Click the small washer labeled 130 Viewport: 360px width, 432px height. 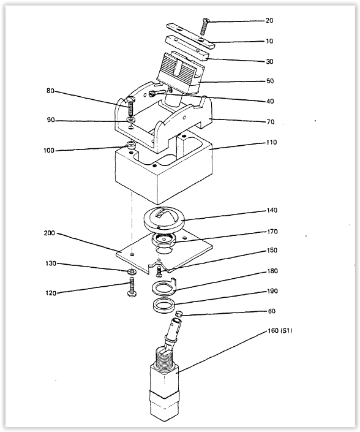click(x=132, y=271)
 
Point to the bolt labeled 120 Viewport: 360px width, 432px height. click(x=132, y=287)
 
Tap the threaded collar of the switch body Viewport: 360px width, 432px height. click(x=163, y=358)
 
